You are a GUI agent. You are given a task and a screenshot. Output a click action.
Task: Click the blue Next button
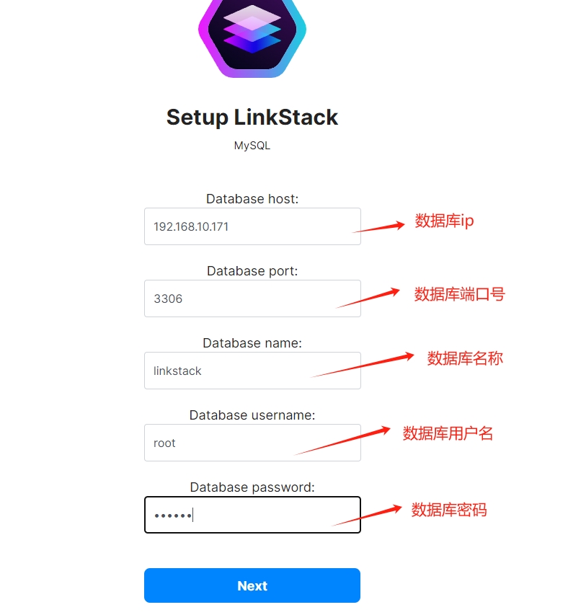point(252,585)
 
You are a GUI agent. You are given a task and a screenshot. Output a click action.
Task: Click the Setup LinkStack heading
point(252,117)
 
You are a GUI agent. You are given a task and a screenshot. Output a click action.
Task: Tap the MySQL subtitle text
point(252,146)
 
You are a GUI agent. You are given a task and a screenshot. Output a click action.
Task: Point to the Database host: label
point(252,199)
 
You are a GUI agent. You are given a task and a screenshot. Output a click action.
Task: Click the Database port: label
point(252,271)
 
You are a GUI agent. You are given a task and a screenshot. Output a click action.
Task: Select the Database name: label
point(252,343)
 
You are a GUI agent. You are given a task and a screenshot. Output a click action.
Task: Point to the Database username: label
point(252,415)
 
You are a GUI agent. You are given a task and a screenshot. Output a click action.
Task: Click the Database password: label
point(252,487)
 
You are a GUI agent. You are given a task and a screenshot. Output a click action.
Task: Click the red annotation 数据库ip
point(444,221)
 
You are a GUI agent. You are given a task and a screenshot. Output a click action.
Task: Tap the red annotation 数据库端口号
point(459,294)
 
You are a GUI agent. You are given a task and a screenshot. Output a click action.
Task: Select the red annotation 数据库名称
point(465,358)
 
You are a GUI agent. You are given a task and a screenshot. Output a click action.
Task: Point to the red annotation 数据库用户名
point(448,433)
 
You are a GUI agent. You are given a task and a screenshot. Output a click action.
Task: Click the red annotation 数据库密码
point(449,510)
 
